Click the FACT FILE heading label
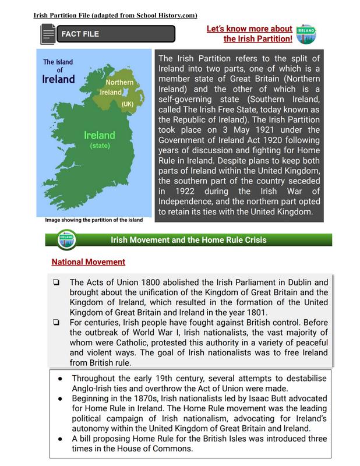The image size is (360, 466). [x=80, y=34]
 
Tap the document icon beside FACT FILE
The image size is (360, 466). [x=47, y=34]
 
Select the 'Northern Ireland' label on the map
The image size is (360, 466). [x=119, y=87]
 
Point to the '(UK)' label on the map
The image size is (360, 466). [x=128, y=104]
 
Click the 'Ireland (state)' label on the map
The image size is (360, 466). [x=100, y=140]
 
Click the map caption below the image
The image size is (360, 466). [x=93, y=220]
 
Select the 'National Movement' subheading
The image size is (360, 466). [x=88, y=262]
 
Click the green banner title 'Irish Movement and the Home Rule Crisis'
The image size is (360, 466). [x=189, y=239]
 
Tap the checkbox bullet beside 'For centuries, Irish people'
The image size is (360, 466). [x=56, y=323]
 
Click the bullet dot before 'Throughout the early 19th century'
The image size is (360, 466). [x=61, y=378]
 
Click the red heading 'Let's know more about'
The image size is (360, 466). [x=249, y=29]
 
